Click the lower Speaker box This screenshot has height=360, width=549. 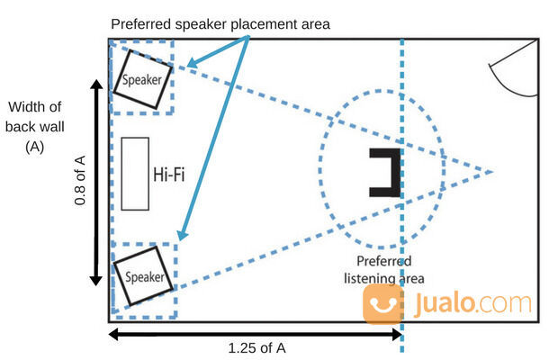tap(144, 276)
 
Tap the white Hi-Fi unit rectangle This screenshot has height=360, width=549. tap(134, 174)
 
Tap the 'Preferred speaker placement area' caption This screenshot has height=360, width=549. tap(220, 24)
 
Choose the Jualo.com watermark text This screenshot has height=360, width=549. tap(481, 304)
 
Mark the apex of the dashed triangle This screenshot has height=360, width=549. tap(492, 171)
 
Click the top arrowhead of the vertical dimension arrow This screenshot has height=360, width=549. tap(96, 83)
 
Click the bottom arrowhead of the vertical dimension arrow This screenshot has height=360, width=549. tap(96, 281)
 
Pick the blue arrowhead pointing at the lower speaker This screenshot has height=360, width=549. tap(181, 236)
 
